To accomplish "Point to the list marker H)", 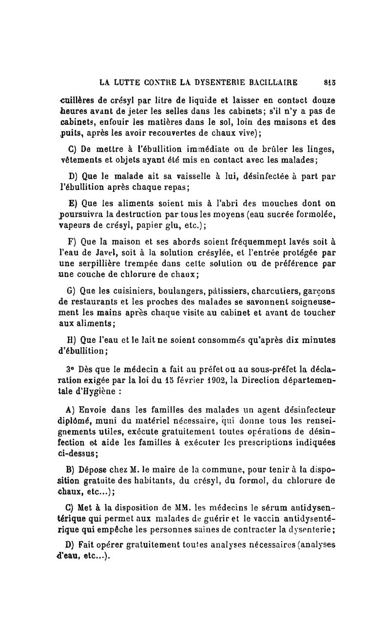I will [x=69, y=340].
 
